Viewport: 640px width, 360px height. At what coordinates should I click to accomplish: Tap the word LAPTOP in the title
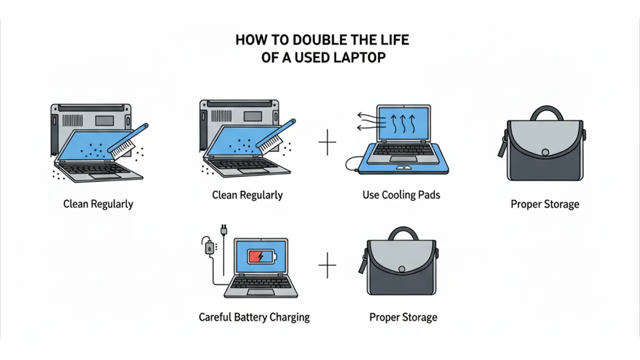tap(359, 57)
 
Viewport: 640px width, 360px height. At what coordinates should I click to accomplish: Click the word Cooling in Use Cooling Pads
tap(398, 195)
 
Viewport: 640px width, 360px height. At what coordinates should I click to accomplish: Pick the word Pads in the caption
tap(429, 195)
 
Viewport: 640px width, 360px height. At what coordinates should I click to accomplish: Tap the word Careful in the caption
tap(215, 317)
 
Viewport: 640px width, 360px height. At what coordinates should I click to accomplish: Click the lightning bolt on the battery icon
tap(260, 256)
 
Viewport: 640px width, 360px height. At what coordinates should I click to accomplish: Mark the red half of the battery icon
tap(254, 256)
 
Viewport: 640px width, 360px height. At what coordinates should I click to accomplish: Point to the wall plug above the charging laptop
tap(223, 230)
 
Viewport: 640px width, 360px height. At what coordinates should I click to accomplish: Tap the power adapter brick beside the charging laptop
tap(209, 248)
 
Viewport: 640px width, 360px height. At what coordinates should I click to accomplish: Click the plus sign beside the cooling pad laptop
tap(327, 142)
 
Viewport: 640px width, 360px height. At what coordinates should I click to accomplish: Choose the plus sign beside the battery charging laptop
tap(327, 265)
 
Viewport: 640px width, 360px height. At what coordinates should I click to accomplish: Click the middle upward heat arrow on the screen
tap(403, 123)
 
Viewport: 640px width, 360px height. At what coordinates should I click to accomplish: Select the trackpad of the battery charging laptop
tap(260, 292)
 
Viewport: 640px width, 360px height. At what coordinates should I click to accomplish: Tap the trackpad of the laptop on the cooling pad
tap(403, 158)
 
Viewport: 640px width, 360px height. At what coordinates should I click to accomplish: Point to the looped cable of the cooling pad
tap(351, 164)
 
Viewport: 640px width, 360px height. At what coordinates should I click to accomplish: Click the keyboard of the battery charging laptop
tap(260, 282)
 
